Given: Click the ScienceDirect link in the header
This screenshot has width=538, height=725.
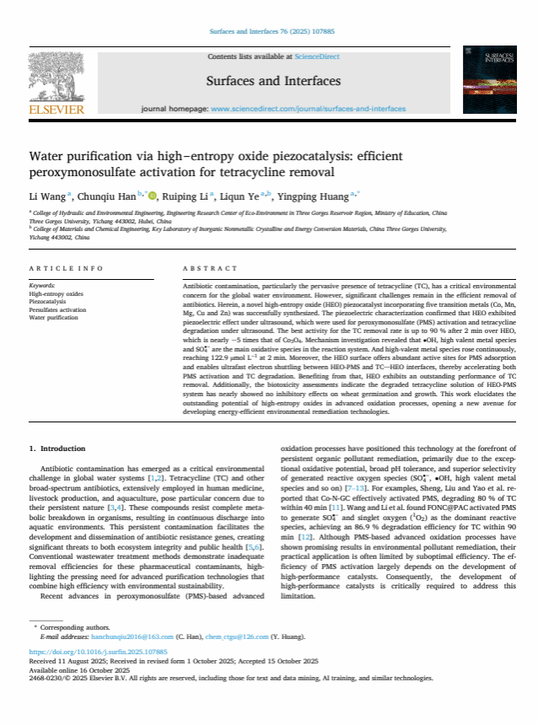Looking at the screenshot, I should [316, 56].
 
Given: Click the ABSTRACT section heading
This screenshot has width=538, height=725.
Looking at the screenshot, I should [210, 269].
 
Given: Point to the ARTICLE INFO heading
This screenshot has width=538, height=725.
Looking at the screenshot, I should [66, 269].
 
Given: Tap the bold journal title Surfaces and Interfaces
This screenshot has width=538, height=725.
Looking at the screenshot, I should [272, 81].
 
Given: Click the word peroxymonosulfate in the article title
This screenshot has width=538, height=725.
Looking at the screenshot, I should [80, 173].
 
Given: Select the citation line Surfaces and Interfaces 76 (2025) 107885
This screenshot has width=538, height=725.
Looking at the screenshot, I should [269, 33].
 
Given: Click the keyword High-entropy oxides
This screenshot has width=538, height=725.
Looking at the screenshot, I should [56, 293].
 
